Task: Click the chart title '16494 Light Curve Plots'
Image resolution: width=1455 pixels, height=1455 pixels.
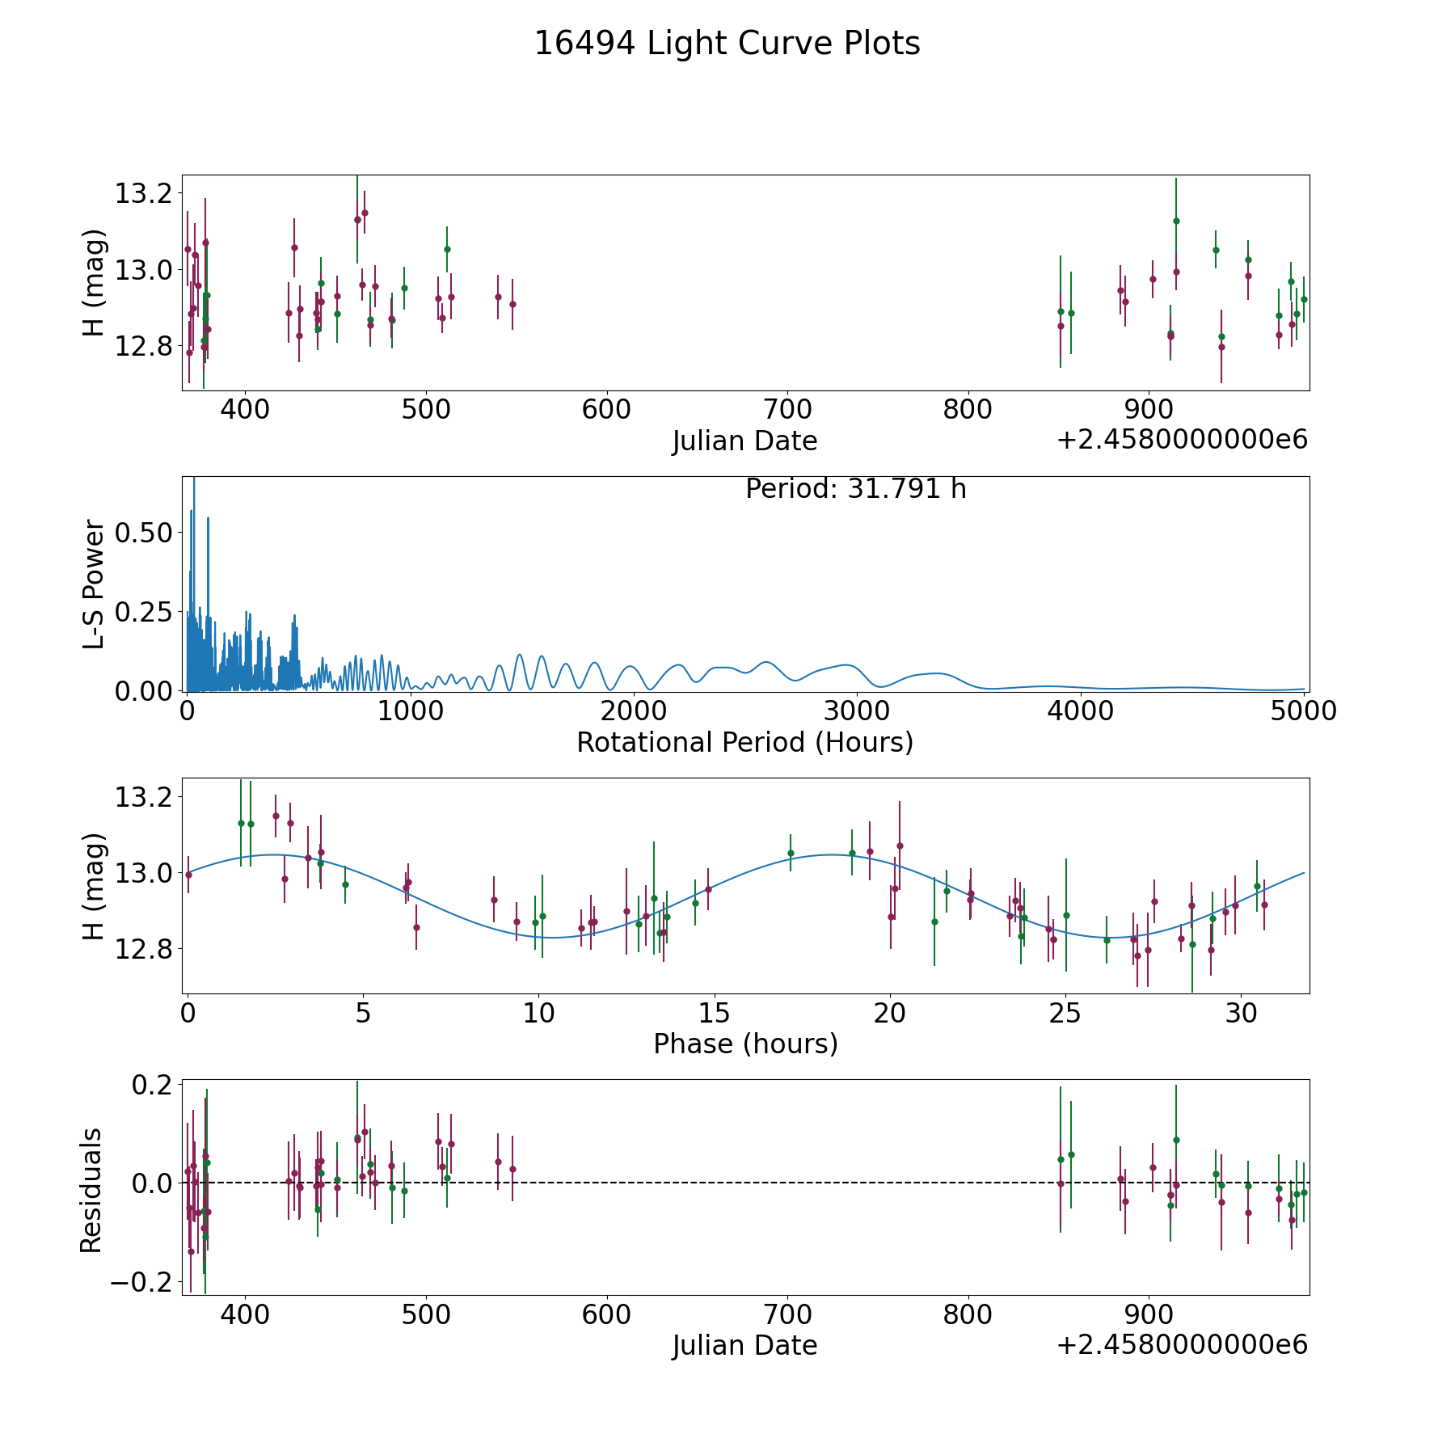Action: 727,44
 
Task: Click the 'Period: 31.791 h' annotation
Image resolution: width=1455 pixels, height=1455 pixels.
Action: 856,489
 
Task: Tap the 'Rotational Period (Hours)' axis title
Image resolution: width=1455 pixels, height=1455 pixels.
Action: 745,742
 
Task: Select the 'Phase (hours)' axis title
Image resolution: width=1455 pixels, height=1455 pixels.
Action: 745,1044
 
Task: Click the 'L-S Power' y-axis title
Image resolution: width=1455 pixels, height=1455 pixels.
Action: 95,584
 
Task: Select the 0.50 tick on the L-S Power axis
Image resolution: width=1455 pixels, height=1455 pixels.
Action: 146,533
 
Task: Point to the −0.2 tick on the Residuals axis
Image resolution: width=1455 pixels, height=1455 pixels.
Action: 141,1282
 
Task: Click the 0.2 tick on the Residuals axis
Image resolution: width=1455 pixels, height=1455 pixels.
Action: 154,1085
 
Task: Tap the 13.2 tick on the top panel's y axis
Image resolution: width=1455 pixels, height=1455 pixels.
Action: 145,194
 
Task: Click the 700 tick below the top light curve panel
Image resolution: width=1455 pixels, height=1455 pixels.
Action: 787,410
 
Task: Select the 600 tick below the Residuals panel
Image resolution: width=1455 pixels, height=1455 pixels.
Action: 606,1314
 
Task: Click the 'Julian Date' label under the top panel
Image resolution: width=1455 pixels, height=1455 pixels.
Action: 745,441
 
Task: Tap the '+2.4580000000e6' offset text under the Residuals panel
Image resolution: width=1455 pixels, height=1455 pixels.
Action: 1183,1345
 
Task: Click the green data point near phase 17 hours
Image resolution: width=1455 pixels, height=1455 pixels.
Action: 791,853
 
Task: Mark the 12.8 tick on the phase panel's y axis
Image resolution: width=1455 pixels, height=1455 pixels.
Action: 145,949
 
